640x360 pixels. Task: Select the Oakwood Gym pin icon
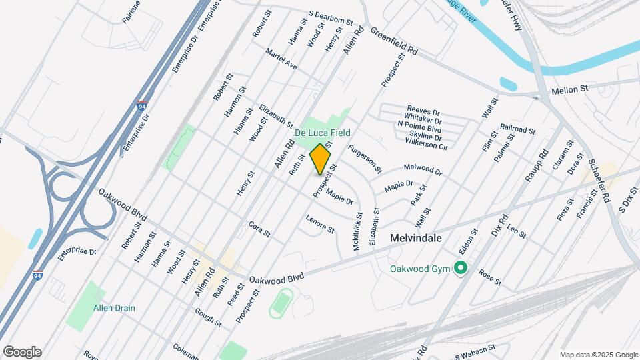[460, 269]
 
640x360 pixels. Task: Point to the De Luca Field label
[323, 133]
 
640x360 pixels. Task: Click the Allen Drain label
[114, 308]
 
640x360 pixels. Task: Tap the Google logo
[22, 352]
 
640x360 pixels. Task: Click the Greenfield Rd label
[393, 41]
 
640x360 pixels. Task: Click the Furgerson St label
[365, 159]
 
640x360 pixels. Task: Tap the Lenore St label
[320, 225]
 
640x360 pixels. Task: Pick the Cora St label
[259, 229]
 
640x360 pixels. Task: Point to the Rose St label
[489, 277]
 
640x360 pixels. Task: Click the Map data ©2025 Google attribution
[599, 355]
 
